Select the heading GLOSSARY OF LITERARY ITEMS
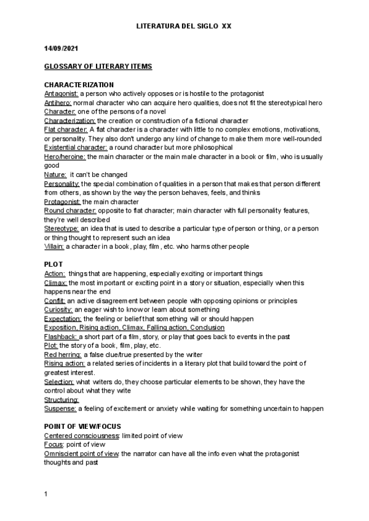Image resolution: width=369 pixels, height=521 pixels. tap(98, 66)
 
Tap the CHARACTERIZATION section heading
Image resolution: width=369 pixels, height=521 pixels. tap(79, 84)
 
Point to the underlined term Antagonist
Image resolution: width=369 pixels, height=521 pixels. tap(61, 93)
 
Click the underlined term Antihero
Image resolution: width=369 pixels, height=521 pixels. tap(58, 103)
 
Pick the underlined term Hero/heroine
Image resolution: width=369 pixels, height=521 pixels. tap(66, 157)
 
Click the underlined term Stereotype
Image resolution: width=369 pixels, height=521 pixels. tap(61, 229)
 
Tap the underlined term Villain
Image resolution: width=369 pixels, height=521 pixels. tap(54, 246)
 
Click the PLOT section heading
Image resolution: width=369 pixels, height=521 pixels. tap(54, 264)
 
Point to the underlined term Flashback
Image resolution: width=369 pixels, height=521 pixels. tap(60, 337)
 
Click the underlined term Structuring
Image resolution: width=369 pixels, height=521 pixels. tap(61, 400)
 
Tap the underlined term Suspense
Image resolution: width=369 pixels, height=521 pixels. tap(60, 409)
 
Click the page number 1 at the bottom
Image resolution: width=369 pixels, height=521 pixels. tap(46, 493)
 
